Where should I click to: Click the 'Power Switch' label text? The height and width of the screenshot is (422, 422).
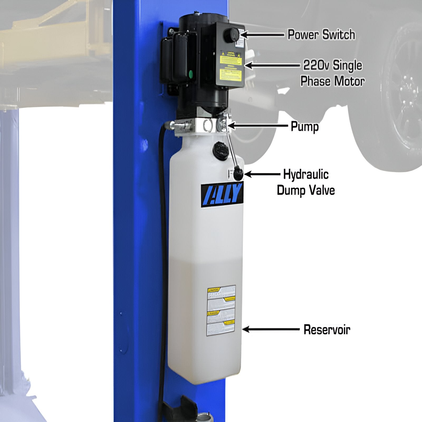tap(321, 35)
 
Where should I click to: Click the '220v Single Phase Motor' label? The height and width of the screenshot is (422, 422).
tap(332, 73)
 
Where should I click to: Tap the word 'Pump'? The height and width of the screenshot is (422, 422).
tap(305, 127)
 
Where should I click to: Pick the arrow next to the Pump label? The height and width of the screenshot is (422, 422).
tap(257, 126)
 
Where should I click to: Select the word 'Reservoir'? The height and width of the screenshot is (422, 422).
tap(327, 330)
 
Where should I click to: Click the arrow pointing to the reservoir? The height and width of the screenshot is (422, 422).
tap(270, 329)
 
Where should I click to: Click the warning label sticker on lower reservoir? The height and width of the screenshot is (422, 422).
tap(221, 310)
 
